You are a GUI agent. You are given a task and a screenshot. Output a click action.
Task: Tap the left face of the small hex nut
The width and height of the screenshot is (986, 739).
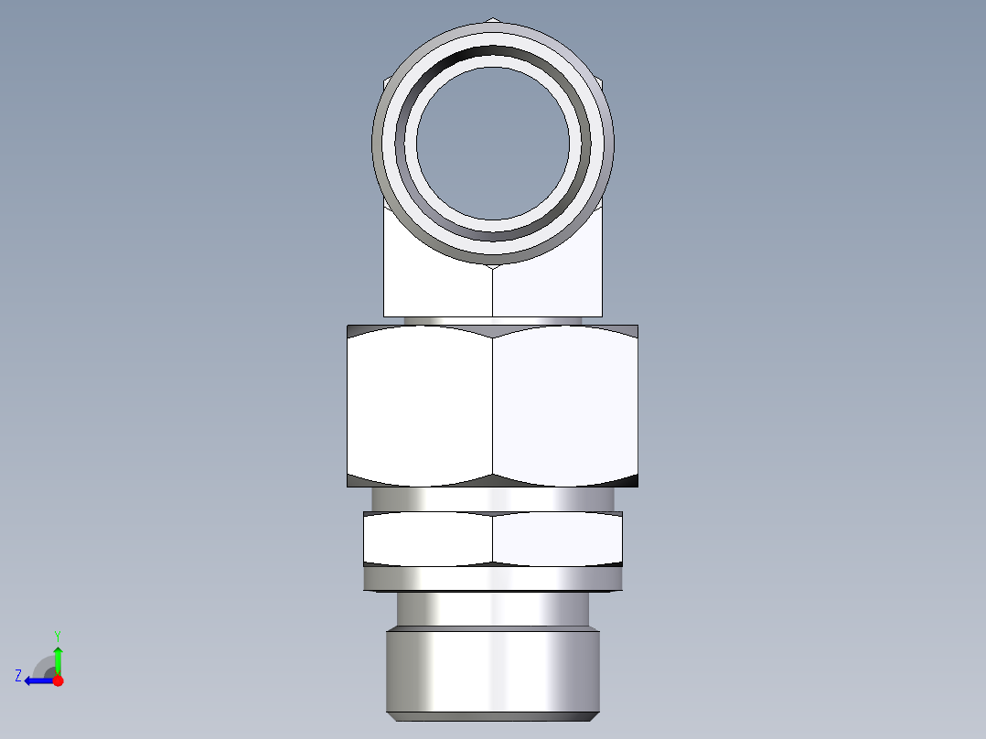[427, 540]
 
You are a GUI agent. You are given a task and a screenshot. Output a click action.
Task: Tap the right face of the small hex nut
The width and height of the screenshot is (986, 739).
[557, 540]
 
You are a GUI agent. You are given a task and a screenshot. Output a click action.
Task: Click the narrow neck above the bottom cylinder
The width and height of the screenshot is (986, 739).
[492, 608]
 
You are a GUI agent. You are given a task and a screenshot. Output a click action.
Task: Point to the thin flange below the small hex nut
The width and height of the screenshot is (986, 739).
[492, 579]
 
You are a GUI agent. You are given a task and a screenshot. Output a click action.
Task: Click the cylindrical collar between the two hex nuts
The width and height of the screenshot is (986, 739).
[492, 498]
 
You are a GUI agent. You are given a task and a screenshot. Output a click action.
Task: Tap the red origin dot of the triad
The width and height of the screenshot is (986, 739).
[58, 680]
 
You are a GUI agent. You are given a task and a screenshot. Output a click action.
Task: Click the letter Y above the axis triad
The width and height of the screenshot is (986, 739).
[57, 635]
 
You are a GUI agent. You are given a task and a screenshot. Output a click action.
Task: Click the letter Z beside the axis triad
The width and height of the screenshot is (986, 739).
[18, 676]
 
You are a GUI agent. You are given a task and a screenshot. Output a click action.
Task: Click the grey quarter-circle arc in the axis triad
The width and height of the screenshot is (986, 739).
[42, 664]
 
